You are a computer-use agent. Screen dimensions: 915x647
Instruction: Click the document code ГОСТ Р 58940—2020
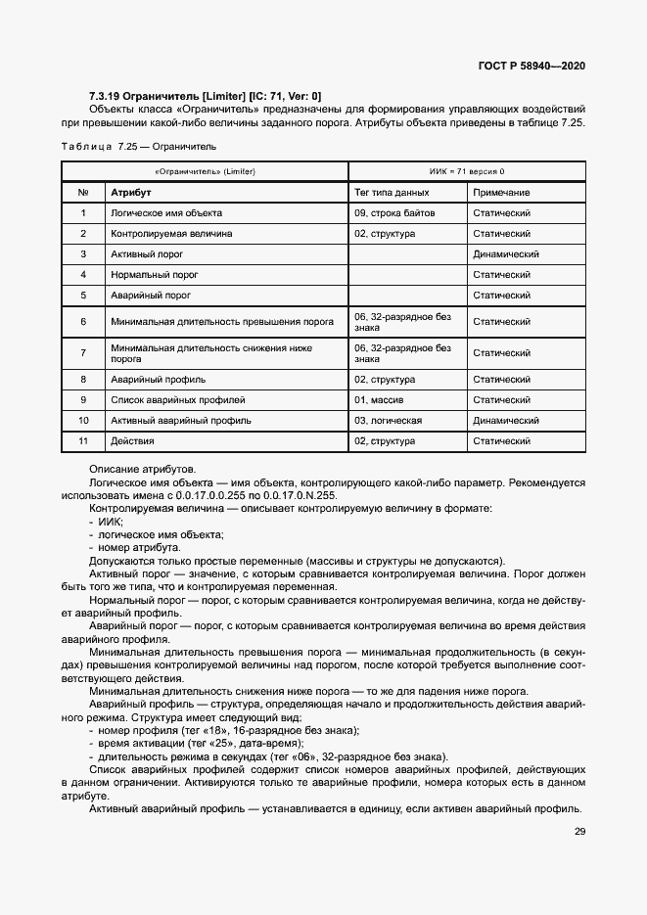[x=532, y=67]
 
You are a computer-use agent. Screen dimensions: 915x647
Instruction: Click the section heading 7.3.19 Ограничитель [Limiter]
[x=205, y=96]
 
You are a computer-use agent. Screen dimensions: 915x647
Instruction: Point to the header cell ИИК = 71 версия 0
[x=467, y=170]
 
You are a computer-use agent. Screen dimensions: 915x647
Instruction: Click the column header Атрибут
[x=129, y=193]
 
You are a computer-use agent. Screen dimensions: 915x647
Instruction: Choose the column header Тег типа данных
[x=392, y=193]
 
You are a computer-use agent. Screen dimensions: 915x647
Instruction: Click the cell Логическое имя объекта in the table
[x=166, y=212]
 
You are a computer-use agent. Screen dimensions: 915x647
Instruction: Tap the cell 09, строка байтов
[x=394, y=212]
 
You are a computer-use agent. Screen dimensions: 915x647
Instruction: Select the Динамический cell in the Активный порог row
[x=506, y=253]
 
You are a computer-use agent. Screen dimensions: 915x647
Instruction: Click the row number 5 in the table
[x=84, y=295]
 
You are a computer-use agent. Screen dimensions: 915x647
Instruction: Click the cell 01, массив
[x=380, y=399]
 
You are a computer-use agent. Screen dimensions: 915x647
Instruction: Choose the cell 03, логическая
[x=388, y=420]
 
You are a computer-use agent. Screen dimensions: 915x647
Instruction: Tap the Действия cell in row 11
[x=133, y=440]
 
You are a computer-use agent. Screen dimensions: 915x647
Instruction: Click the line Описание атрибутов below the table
[x=142, y=470]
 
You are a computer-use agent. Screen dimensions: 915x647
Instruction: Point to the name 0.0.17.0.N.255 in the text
[x=299, y=495]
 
